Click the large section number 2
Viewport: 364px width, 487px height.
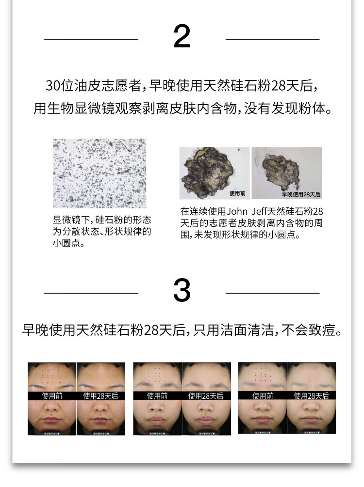182,36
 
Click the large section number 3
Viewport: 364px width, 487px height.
182,290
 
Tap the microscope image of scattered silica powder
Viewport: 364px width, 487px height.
99,173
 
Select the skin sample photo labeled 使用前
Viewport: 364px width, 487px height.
215,173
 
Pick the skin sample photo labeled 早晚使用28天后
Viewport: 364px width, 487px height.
286,173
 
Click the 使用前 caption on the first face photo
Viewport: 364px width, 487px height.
52,396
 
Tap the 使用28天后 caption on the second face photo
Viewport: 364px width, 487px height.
100,396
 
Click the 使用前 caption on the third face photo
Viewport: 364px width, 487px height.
157,396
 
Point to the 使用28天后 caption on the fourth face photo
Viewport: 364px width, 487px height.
206,396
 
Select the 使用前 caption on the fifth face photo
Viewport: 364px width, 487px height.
263,396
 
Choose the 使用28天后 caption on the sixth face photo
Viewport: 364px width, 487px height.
311,396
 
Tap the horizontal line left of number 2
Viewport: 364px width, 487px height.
91,39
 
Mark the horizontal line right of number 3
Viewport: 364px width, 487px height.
273,293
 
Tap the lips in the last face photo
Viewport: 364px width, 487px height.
311,419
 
